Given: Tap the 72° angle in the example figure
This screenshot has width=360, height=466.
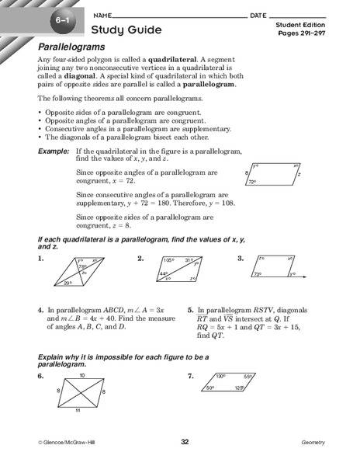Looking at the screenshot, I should coord(252,182).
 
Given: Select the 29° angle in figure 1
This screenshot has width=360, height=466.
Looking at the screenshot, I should coord(68,284).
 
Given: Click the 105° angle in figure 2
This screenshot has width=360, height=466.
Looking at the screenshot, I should coord(169,260).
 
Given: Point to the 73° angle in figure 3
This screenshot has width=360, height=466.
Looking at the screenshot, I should coord(258,275).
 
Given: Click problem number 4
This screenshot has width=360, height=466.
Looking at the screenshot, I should coord(40,308).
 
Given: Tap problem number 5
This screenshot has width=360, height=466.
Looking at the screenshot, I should coord(190,308).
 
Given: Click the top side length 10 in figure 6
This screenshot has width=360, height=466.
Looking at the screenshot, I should coord(81,377).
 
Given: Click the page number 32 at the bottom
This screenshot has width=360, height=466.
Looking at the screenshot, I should coord(185,442).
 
